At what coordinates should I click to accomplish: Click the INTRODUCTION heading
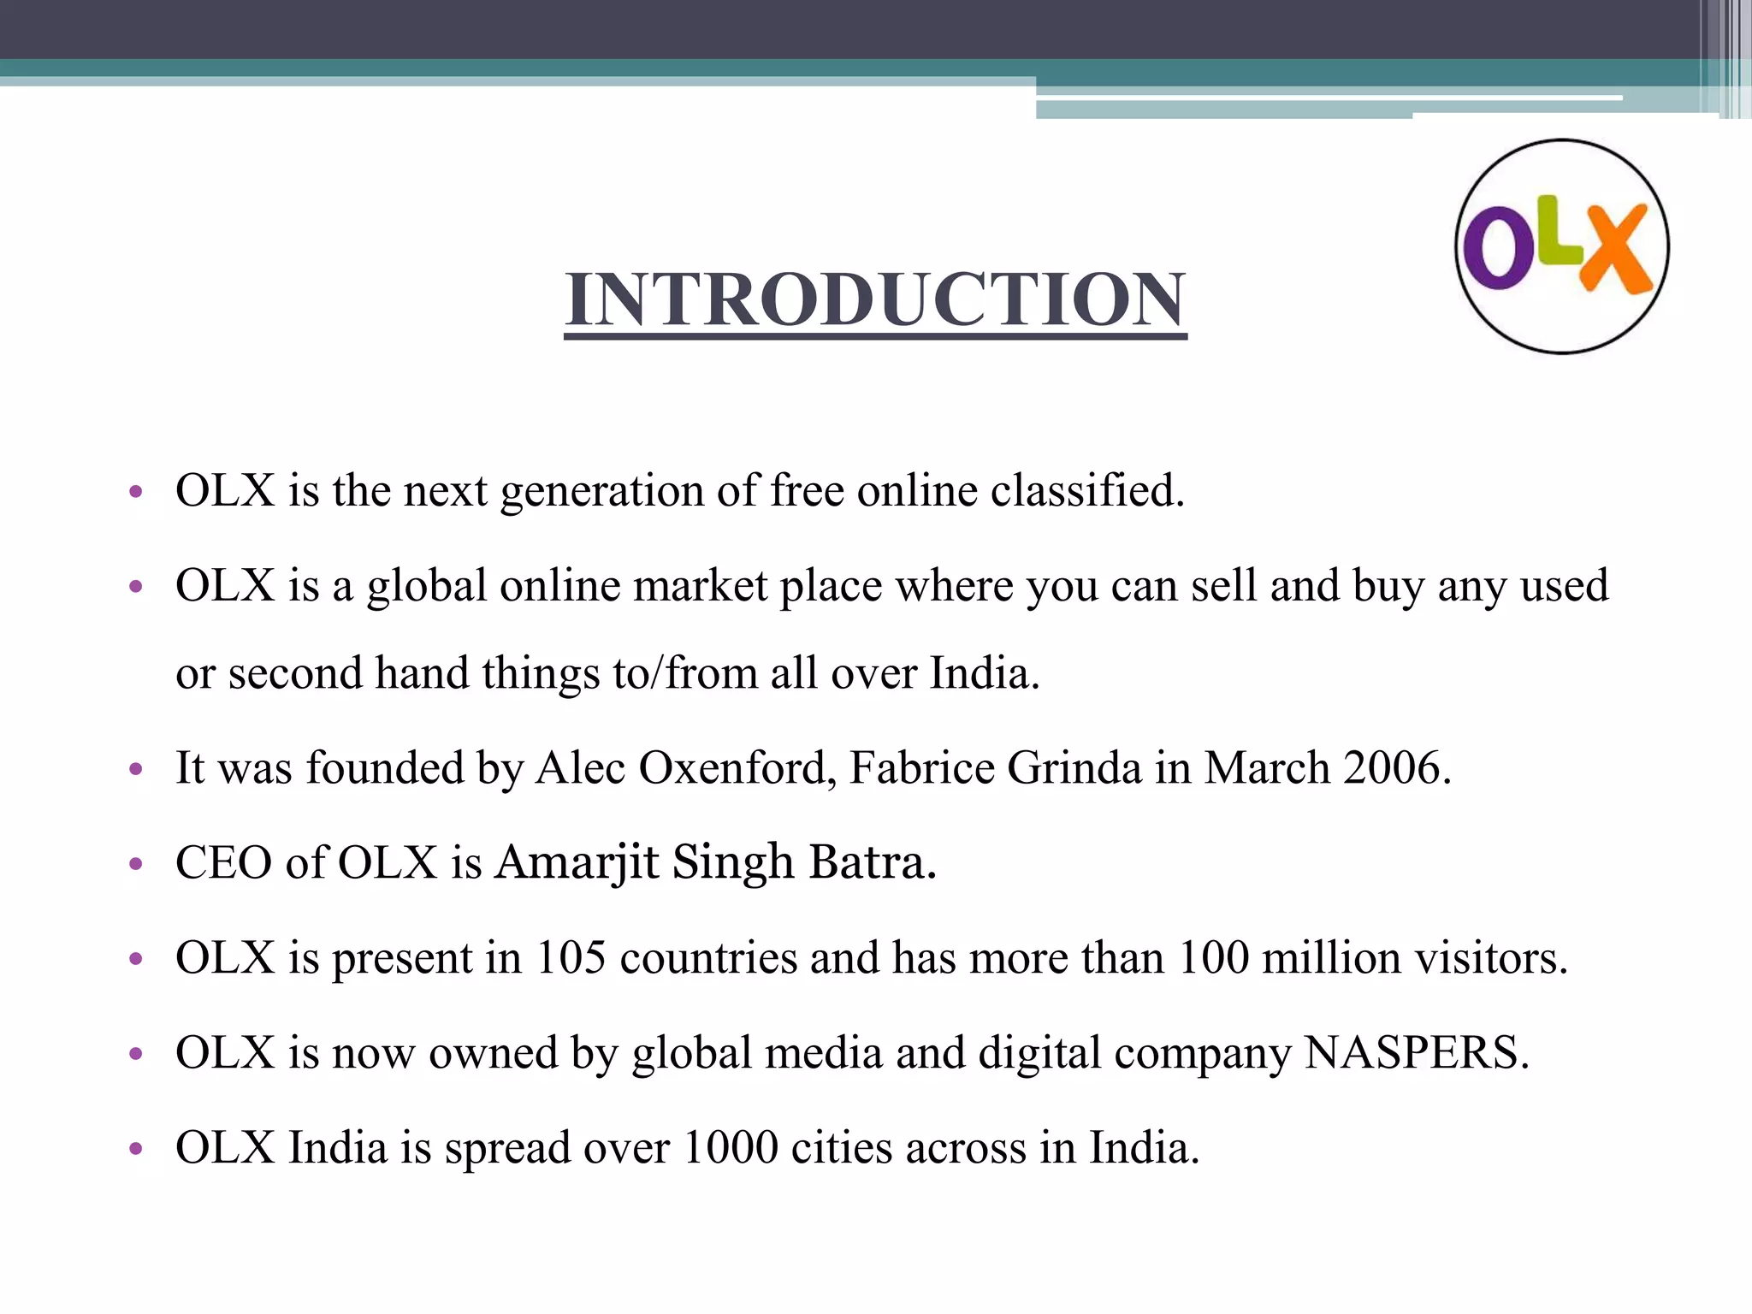click(875, 299)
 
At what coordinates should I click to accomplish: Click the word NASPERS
click(1416, 1052)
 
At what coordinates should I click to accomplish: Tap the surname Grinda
click(1074, 767)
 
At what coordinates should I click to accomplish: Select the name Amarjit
click(577, 862)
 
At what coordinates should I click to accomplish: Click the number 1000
click(731, 1147)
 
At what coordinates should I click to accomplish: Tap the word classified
click(1087, 491)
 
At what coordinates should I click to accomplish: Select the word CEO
click(224, 862)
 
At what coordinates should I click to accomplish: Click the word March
click(1267, 767)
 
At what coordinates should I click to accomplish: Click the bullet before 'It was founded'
click(135, 769)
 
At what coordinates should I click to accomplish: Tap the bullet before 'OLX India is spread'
click(135, 1149)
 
